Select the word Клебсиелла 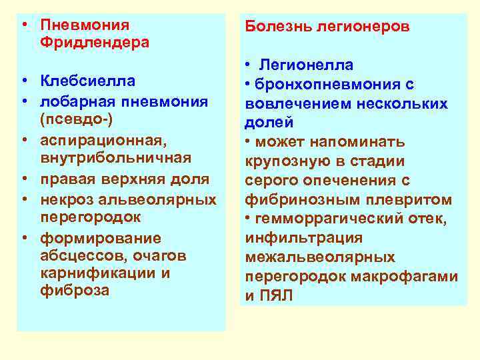coord(87,82)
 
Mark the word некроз coord(65,199)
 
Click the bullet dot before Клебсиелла coord(23,82)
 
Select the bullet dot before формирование coord(23,239)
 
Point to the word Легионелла coord(307,65)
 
